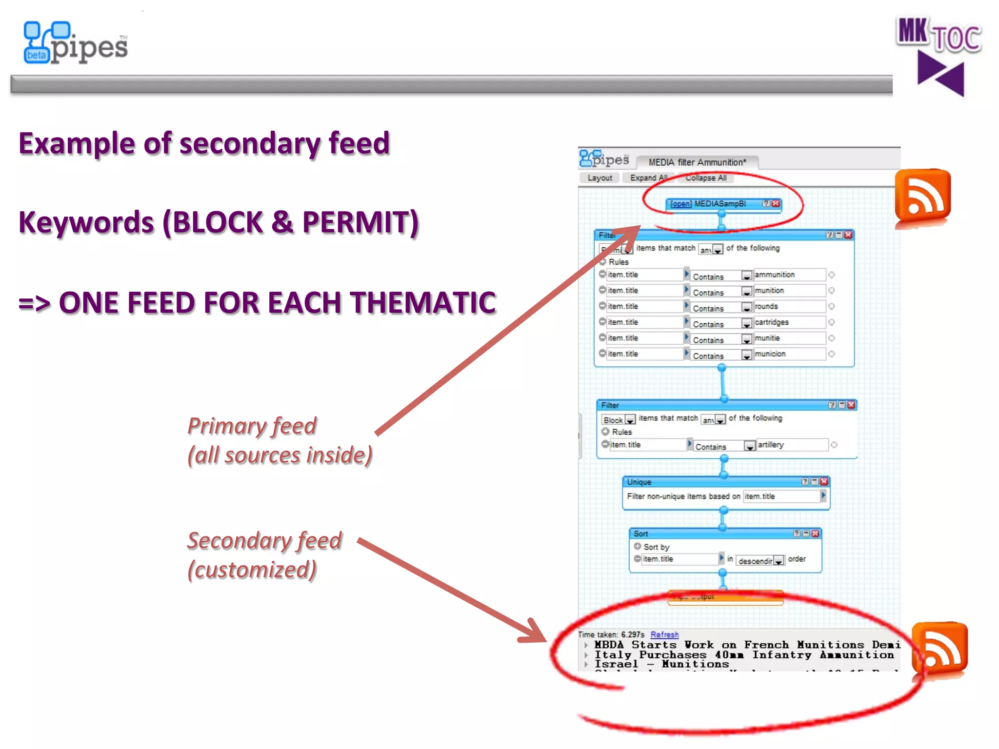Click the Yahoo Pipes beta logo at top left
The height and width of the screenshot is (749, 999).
pyautogui.click(x=76, y=43)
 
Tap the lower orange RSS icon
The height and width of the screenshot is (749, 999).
pyautogui.click(x=939, y=649)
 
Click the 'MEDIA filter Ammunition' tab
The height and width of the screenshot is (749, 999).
pyautogui.click(x=697, y=162)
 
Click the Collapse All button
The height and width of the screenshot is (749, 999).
pyautogui.click(x=705, y=178)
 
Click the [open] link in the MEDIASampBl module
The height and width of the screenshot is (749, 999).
pyautogui.click(x=680, y=204)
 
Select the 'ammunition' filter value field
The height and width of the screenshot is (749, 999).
pyautogui.click(x=789, y=275)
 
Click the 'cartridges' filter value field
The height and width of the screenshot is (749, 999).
pyautogui.click(x=789, y=322)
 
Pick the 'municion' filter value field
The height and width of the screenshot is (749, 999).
pyautogui.click(x=789, y=354)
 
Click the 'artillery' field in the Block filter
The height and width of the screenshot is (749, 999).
pyautogui.click(x=791, y=445)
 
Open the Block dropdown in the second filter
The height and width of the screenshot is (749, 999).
pyautogui.click(x=618, y=420)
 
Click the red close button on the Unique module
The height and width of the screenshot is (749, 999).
pyautogui.click(x=824, y=482)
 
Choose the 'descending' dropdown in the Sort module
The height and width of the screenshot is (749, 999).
pyautogui.click(x=760, y=561)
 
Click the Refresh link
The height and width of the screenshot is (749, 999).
pyautogui.click(x=664, y=634)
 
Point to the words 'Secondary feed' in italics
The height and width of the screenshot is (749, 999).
pyautogui.click(x=265, y=541)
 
